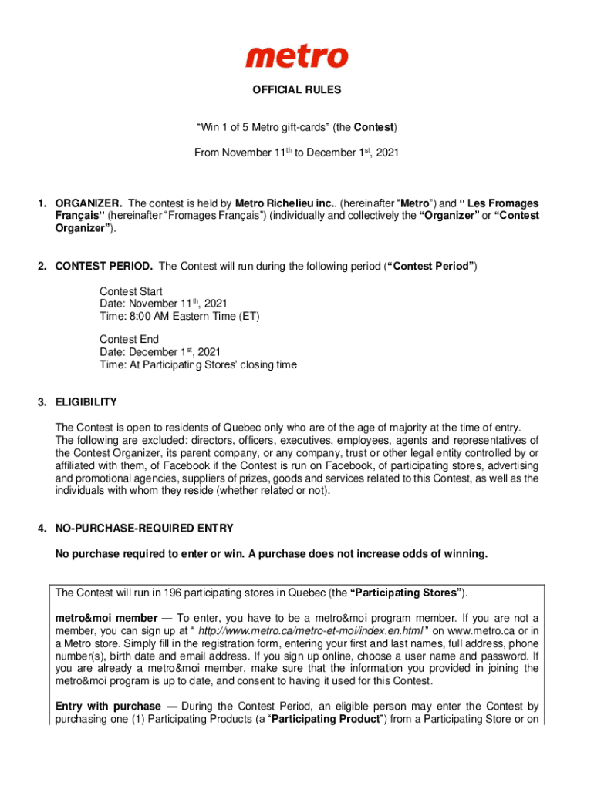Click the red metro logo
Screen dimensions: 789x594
pyautogui.click(x=297, y=56)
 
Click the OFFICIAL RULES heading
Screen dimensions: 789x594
pyautogui.click(x=297, y=90)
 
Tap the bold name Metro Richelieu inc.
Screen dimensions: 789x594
pyautogui.click(x=274, y=203)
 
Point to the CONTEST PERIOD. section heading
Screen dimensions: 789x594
pyautogui.click(x=104, y=267)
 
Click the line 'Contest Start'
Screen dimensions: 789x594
pyautogui.click(x=131, y=292)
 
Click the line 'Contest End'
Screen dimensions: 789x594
pyautogui.click(x=129, y=340)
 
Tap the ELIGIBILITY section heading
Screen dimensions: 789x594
pyautogui.click(x=86, y=402)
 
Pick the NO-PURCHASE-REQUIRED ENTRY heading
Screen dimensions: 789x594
pyautogui.click(x=144, y=529)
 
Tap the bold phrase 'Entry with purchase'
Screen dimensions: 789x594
pyautogui.click(x=108, y=707)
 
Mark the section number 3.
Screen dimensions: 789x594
pyautogui.click(x=42, y=402)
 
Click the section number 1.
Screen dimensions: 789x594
pyautogui.click(x=42, y=203)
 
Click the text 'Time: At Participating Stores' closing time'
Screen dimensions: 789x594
pyautogui.click(x=198, y=365)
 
